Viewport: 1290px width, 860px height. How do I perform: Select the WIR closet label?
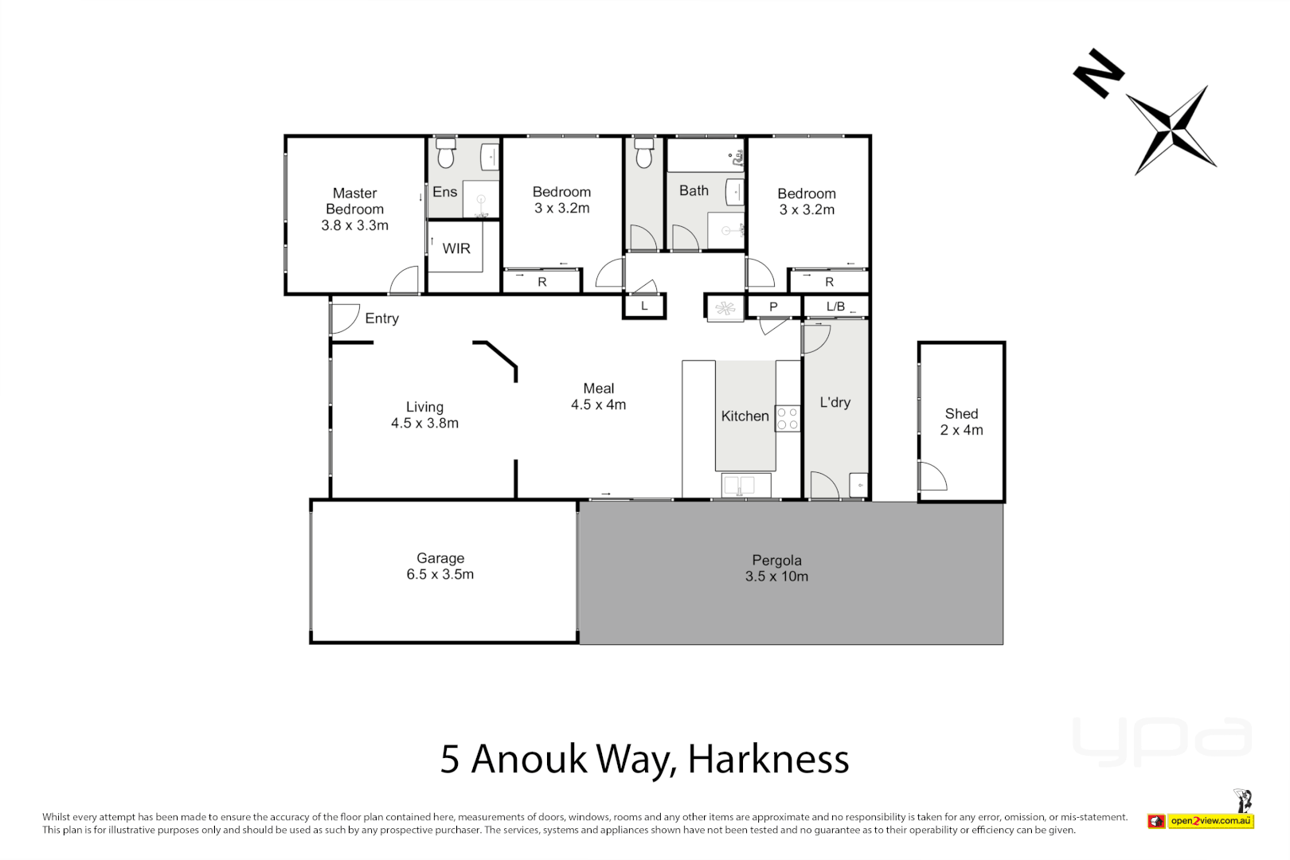click(456, 248)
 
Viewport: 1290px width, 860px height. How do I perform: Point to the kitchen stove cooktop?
click(788, 418)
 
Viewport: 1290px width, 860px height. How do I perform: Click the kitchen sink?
click(746, 485)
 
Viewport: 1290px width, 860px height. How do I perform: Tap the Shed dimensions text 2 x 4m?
click(961, 430)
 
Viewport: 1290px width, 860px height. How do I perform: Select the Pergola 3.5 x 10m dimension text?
click(776, 577)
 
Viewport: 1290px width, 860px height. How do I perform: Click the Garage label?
click(440, 558)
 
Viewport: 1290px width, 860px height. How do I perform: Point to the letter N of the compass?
click(1098, 73)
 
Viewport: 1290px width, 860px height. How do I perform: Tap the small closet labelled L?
click(644, 306)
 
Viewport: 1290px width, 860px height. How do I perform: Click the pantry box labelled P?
click(773, 307)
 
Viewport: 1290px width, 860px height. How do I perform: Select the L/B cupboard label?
click(835, 307)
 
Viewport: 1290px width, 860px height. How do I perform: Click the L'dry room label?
click(835, 402)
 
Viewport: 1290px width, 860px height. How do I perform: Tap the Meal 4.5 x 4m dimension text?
click(598, 405)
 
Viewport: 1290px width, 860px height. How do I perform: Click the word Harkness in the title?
click(768, 759)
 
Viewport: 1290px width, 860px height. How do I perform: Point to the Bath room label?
click(694, 191)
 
